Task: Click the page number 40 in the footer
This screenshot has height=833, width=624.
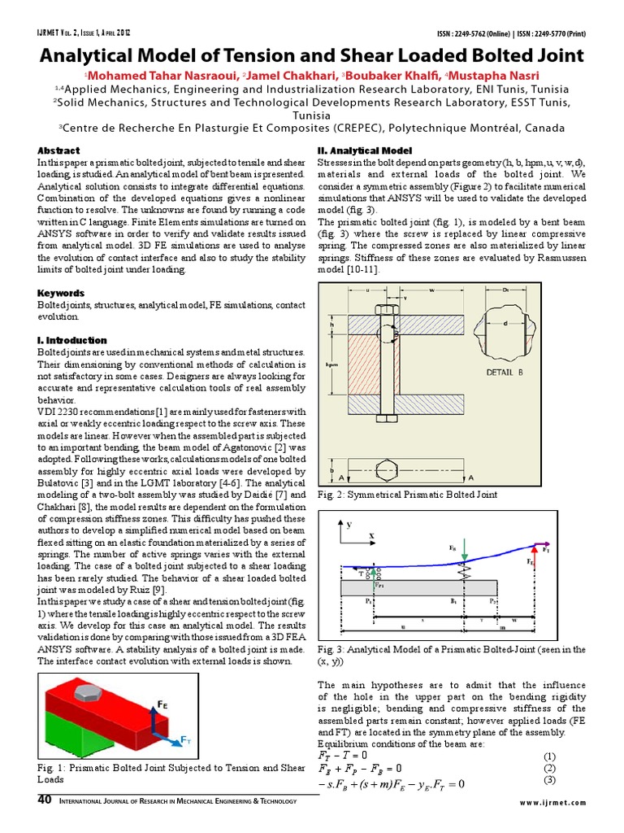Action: click(45, 800)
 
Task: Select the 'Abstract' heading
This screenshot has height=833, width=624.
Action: click(59, 150)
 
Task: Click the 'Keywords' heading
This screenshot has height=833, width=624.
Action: click(62, 293)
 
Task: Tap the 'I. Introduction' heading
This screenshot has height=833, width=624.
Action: click(72, 340)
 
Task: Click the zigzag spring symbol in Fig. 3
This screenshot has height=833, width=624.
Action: click(463, 572)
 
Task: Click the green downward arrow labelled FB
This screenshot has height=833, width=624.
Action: click(463, 556)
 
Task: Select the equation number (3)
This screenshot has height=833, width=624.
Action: click(549, 781)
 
